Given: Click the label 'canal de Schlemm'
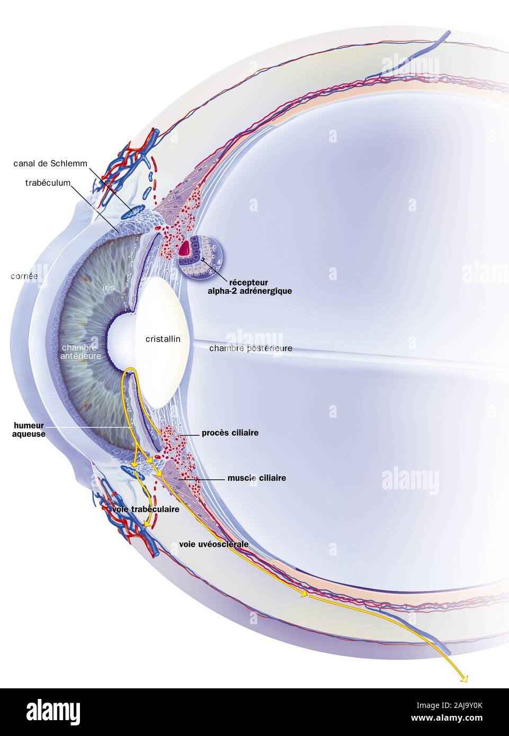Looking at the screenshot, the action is pos(50,163).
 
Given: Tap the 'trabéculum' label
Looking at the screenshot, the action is pos(48,183).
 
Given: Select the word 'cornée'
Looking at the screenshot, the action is pos(24,276).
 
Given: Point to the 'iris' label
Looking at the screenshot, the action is pos(109,288).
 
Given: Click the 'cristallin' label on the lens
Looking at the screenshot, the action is pos(163,339).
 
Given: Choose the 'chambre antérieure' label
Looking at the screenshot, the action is pos(81,352).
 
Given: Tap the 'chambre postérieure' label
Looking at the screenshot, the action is pos(251,348).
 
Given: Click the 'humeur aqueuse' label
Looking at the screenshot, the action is pos(29,430).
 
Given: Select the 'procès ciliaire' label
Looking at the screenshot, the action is pos(230,433).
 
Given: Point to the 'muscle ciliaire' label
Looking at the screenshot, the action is pos(257,478).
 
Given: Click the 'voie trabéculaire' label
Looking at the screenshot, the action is pos(146,509).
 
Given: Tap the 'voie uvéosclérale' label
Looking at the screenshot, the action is pos(213,544).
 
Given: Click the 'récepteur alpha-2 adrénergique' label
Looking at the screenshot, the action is pos(250,286).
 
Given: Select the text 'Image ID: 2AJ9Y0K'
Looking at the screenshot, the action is pos(449,705).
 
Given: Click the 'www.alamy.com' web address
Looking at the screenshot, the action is pos(447,718).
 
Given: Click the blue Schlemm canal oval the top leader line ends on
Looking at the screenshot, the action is pos(133,212).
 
